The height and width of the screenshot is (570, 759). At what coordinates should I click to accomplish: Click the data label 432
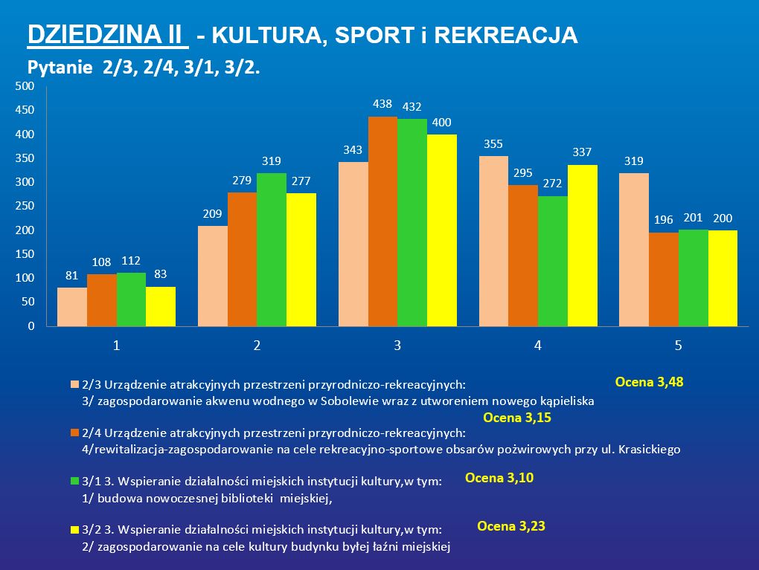(x=411, y=107)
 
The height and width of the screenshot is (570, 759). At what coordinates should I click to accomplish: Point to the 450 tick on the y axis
(x=25, y=110)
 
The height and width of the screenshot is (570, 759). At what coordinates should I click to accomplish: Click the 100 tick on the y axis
(x=25, y=278)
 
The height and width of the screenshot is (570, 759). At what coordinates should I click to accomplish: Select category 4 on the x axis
(x=537, y=346)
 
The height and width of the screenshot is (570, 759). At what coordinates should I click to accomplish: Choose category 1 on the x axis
(x=116, y=346)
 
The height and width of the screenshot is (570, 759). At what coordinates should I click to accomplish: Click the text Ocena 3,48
(x=649, y=383)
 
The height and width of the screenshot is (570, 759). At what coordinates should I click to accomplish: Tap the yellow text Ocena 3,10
(x=499, y=478)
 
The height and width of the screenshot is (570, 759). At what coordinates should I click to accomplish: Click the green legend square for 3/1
(x=74, y=482)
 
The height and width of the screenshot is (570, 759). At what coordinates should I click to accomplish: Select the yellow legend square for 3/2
(x=74, y=530)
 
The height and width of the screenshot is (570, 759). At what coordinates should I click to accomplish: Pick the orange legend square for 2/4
(x=74, y=433)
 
